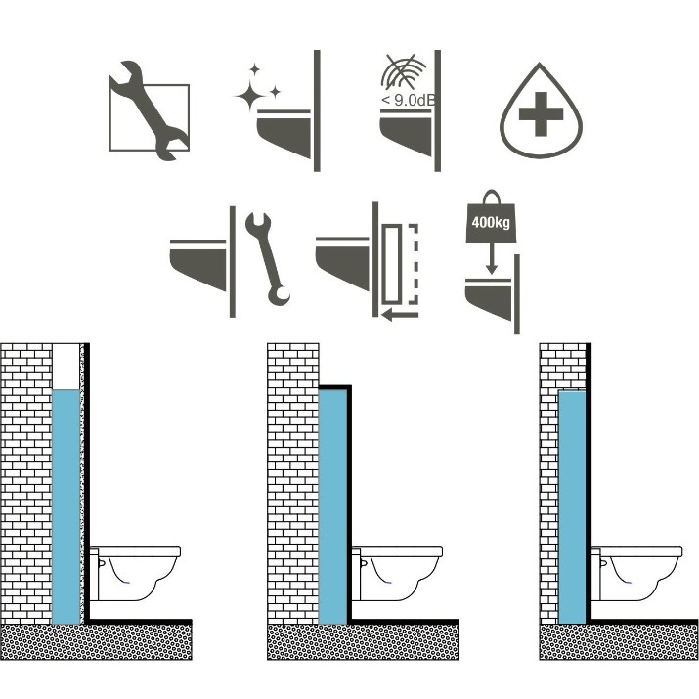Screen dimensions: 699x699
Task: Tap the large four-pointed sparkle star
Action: (249, 96)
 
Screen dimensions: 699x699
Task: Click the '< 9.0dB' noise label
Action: (408, 100)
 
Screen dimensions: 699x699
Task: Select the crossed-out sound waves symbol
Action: (404, 71)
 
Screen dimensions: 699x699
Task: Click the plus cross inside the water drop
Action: (541, 113)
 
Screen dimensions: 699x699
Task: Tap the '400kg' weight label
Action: (491, 222)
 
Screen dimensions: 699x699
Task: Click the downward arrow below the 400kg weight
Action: (492, 258)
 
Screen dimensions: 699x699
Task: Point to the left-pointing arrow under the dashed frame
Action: (400, 315)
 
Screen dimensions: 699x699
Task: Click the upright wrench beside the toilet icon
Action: (267, 259)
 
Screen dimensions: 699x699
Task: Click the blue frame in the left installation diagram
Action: (66, 506)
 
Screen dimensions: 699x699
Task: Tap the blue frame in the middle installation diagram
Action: (333, 506)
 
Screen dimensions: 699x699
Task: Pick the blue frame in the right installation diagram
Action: (572, 507)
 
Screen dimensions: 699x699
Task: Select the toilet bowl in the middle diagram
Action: (397, 574)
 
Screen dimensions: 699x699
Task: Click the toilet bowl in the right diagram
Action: (636, 574)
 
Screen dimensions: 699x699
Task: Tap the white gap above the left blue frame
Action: (66, 367)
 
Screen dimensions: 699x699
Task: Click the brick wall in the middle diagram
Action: (293, 483)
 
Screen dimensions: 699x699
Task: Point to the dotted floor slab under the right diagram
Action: (619, 641)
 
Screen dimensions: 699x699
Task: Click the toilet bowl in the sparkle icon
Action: (284, 133)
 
